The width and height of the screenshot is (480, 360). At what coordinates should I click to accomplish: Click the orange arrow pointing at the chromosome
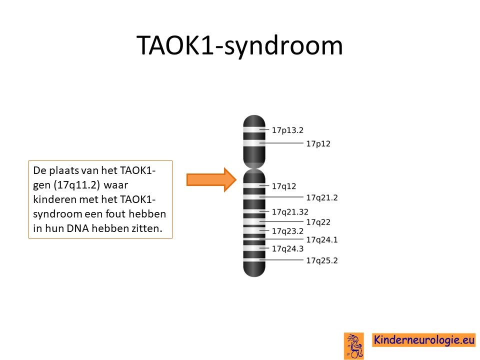click(x=211, y=179)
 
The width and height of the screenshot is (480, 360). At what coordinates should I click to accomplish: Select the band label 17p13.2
click(x=287, y=130)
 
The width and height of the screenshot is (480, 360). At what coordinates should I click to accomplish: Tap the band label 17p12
click(x=318, y=143)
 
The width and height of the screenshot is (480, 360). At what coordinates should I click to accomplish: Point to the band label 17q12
click(x=284, y=186)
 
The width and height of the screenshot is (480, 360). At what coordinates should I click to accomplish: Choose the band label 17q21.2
click(x=322, y=198)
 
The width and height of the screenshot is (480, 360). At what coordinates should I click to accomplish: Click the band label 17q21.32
click(x=290, y=212)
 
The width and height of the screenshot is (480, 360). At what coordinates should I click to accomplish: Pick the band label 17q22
click(x=318, y=222)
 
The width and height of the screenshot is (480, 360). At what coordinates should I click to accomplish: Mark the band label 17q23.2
click(x=287, y=231)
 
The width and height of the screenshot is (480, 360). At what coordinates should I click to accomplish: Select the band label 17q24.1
click(x=322, y=239)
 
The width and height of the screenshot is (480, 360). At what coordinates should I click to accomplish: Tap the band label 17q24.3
click(x=287, y=248)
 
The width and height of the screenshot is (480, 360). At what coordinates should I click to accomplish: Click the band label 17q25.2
click(x=322, y=260)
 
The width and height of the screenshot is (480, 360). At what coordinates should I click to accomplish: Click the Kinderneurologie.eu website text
click(x=424, y=340)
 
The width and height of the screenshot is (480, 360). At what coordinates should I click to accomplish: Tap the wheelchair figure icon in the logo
click(x=354, y=346)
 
